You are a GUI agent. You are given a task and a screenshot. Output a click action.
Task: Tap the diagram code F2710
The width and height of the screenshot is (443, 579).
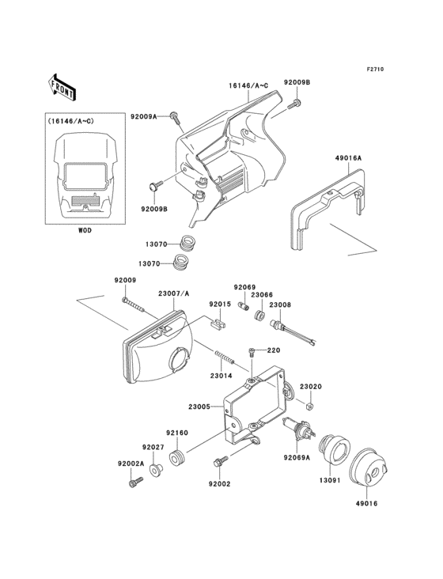point(375,70)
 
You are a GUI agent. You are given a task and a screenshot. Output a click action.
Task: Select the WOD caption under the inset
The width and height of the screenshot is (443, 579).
point(85,231)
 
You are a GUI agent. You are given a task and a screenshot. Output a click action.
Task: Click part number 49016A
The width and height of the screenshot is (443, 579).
point(348,158)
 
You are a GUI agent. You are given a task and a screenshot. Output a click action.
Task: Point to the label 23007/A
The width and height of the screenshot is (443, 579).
point(174,293)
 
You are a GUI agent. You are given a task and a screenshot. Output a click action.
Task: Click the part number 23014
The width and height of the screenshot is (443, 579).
point(221,377)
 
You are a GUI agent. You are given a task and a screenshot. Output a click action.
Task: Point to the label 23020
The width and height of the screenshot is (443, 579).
point(311,387)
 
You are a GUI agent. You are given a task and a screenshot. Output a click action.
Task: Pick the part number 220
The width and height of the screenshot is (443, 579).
point(274,350)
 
